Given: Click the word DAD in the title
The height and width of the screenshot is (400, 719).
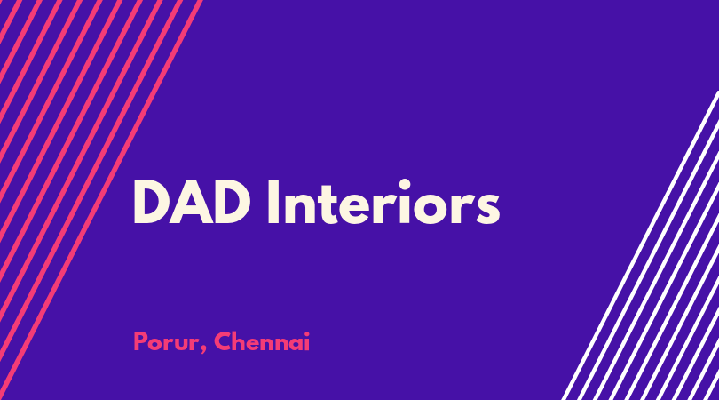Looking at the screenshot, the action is point(192,202).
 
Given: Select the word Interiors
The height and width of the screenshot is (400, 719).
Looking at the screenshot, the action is point(383,202).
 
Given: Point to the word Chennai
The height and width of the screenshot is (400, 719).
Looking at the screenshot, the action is point(262,341).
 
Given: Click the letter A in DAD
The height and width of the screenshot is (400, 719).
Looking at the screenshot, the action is point(192,202).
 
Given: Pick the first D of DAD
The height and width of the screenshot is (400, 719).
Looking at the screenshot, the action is point(151,202).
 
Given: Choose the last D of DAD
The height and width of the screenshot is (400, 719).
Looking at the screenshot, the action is point(232,202).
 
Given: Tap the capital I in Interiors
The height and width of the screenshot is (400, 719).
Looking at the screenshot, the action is point(273,202).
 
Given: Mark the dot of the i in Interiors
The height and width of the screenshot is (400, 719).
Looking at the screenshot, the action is point(405,185).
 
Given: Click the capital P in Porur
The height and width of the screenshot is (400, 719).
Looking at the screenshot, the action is point(140,341).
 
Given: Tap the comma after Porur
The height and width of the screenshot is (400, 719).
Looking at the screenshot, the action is point(202,350).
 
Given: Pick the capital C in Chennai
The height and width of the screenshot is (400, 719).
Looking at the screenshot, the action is point(224,341).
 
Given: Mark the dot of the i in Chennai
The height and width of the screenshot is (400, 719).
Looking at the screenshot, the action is point(306,333).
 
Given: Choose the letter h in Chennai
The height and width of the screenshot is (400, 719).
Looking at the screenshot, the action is point(241,341).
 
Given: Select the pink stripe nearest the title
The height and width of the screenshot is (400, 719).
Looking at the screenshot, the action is point(101,200).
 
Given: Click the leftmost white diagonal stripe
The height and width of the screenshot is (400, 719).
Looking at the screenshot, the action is point(640,245).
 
